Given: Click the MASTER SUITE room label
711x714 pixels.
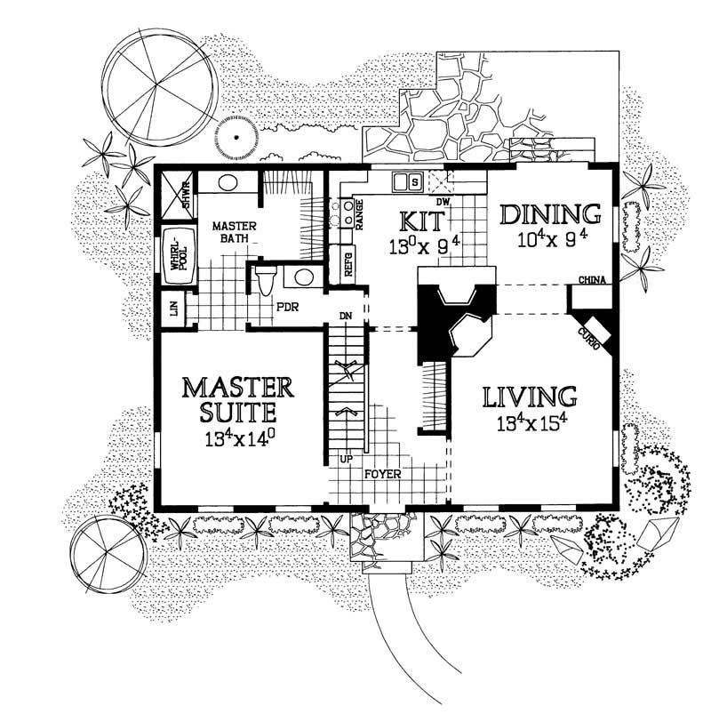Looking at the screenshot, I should click(237, 401).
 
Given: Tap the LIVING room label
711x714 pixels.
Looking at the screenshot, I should click(530, 395).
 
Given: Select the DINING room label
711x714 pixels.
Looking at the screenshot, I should click(549, 214).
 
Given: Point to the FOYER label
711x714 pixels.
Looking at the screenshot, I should click(382, 474).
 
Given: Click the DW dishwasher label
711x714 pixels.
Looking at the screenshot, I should click(444, 203).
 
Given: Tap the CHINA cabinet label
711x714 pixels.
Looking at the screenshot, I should click(592, 281).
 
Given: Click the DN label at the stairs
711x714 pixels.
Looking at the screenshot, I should click(347, 316).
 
